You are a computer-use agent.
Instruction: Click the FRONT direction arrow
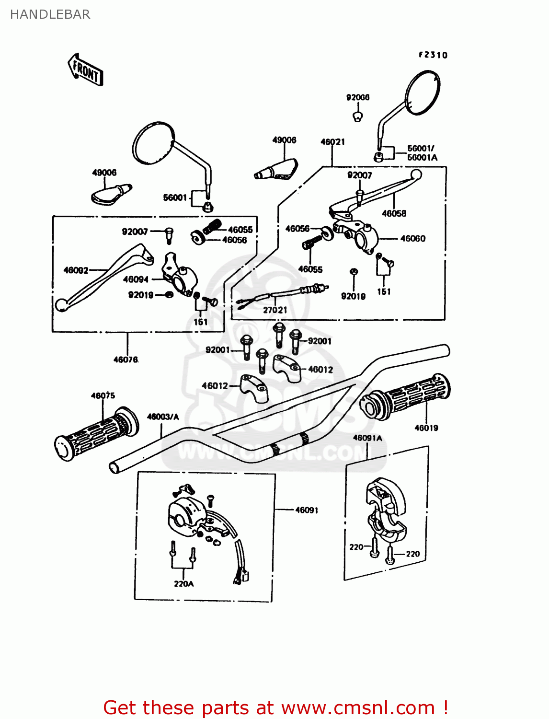(85, 70)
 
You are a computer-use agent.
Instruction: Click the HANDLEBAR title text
(50, 14)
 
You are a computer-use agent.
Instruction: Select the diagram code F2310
(433, 55)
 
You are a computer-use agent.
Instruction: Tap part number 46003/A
(163, 417)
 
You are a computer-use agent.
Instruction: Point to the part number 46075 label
(103, 395)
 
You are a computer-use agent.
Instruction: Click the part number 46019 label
(426, 428)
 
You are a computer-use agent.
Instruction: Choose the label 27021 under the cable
(275, 310)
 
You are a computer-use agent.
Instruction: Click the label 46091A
(367, 438)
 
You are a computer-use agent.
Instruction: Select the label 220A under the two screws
(184, 584)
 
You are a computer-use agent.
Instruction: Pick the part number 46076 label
(126, 359)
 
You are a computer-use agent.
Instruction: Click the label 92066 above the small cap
(358, 97)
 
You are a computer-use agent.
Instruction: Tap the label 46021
(332, 142)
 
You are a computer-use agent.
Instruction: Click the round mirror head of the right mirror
(422, 93)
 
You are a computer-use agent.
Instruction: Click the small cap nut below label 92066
(357, 116)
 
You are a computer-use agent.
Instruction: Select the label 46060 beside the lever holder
(412, 238)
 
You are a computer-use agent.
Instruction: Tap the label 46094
(136, 279)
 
